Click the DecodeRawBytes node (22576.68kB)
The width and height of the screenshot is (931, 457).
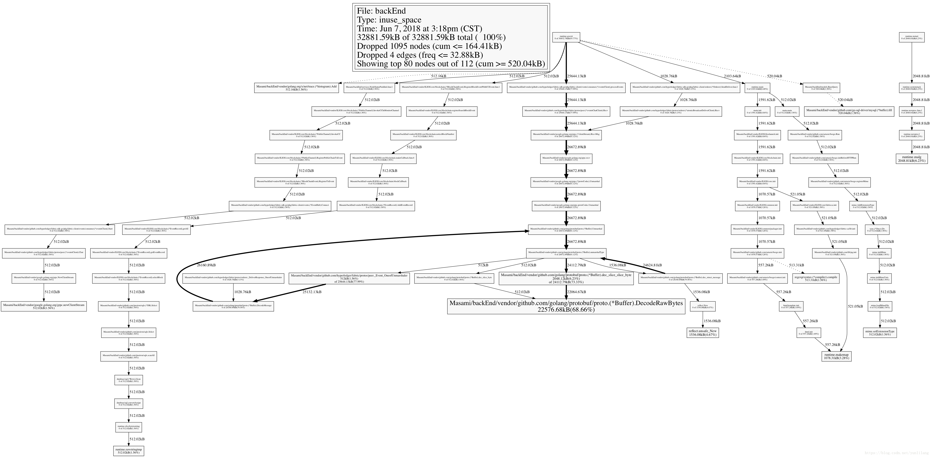[x=566, y=306]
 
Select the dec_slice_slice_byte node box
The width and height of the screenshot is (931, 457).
[x=566, y=278]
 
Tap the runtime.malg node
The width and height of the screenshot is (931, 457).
[x=911, y=159]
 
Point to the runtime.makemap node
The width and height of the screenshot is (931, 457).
[x=836, y=356]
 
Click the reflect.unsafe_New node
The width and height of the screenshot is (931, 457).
[x=703, y=333]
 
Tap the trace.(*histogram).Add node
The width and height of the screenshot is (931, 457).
[x=296, y=88]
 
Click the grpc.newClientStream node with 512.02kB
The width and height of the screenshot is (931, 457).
[x=44, y=306]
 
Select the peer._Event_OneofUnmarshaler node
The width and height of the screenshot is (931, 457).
[x=349, y=278]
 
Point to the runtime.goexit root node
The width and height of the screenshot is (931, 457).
[x=566, y=37]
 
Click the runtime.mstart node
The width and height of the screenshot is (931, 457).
[x=911, y=37]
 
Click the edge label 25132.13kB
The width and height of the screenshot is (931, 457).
[x=312, y=292]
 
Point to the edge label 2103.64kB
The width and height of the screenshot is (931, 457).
[x=732, y=76]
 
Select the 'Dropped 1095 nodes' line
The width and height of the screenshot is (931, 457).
[x=429, y=46]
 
